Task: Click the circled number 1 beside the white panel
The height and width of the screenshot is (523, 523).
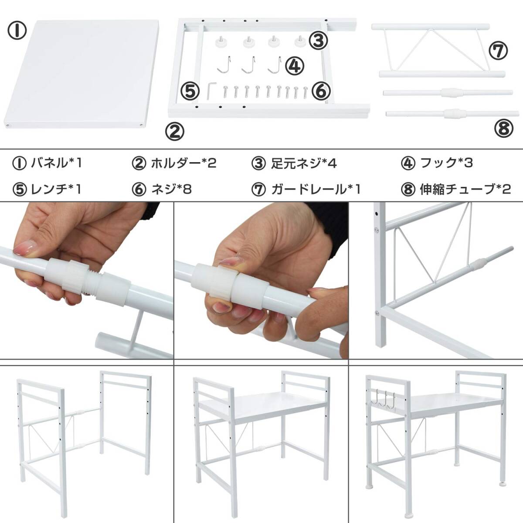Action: (17, 31)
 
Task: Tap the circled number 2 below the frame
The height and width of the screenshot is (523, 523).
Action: (175, 132)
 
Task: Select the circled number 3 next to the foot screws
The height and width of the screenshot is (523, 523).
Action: (319, 41)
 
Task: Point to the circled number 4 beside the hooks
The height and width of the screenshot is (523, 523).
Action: (295, 66)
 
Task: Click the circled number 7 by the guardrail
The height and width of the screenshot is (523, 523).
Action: (498, 51)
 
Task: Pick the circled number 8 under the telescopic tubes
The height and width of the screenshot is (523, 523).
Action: (504, 129)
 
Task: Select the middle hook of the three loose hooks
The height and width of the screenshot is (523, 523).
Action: (248, 65)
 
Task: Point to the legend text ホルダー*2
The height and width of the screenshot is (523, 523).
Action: (183, 163)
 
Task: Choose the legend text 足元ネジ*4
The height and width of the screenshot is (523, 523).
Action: (304, 163)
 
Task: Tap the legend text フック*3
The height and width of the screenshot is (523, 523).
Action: (446, 163)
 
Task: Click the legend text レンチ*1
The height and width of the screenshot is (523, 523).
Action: (56, 189)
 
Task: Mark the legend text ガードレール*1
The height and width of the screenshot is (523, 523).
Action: (316, 189)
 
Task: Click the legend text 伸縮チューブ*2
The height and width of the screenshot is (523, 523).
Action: (465, 189)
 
